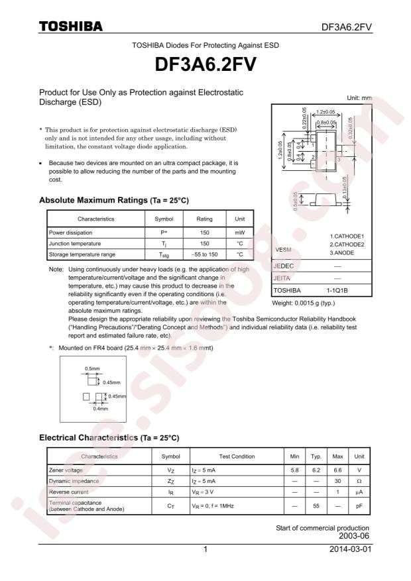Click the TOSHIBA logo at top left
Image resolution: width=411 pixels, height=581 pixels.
[x=70, y=26]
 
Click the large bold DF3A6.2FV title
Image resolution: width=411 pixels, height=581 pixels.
[x=206, y=66]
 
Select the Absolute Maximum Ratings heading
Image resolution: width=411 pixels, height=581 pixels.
[x=114, y=199]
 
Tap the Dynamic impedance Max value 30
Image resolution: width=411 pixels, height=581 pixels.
[x=337, y=481]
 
